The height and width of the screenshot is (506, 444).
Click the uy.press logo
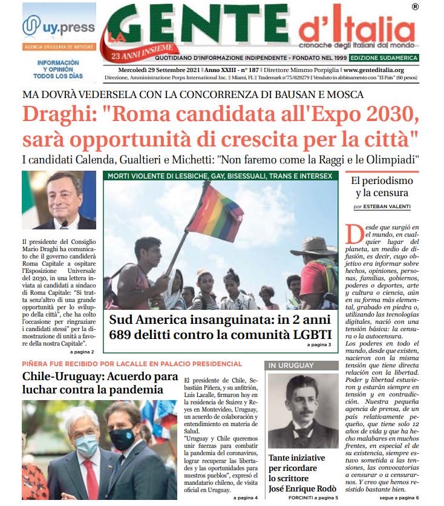(x=58, y=27)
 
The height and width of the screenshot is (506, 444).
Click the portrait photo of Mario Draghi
(x=59, y=200)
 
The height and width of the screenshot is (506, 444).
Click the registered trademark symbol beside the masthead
(x=414, y=7)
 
